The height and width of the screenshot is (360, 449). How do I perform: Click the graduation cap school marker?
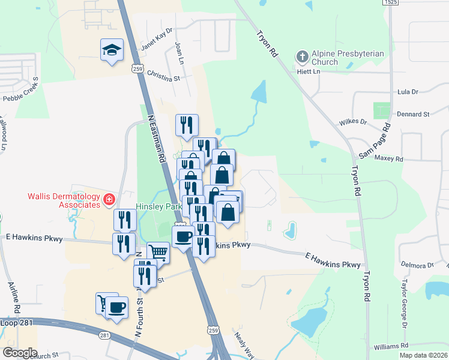[112, 50]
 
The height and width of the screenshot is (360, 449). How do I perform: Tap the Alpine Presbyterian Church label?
[348, 58]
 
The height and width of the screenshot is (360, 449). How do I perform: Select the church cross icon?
[303, 58]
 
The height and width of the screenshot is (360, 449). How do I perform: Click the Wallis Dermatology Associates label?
[63, 200]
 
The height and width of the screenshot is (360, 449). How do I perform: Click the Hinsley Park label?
[159, 206]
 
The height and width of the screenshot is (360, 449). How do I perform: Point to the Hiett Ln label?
[309, 71]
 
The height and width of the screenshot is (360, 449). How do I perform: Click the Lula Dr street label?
[408, 92]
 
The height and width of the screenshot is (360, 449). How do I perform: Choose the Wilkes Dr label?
[353, 122]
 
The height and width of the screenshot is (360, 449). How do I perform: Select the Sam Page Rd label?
[375, 142]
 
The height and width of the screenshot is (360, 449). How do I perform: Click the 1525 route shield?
[390, 3]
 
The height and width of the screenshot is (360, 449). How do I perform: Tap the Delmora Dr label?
[417, 265]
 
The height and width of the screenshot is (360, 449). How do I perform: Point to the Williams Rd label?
[390, 346]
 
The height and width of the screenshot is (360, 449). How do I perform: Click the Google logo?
[20, 352]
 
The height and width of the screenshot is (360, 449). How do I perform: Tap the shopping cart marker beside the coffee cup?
[106, 303]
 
